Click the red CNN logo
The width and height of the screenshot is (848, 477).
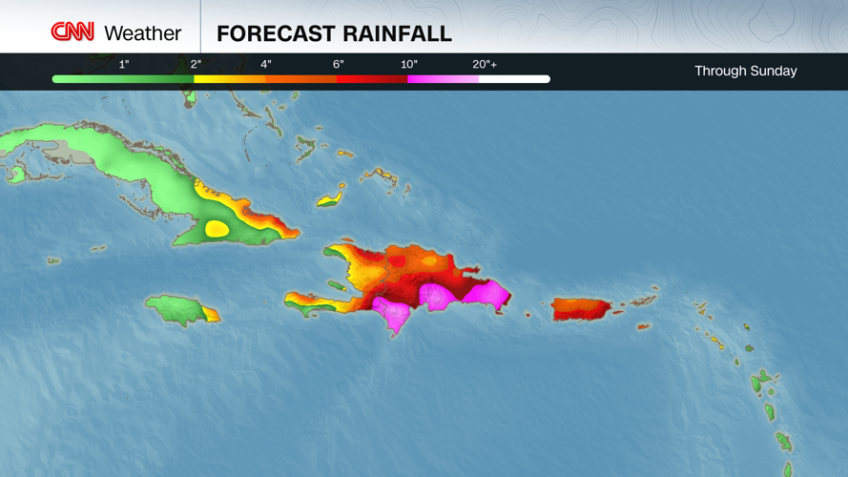72,32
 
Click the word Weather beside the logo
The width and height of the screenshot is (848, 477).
142,33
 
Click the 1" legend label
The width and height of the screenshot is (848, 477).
124,65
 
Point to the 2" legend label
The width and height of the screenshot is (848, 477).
196,65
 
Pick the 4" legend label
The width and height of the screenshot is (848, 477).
266,65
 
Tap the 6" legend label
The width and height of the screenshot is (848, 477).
338,65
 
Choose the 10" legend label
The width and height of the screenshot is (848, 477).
409,65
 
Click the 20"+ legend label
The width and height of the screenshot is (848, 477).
485,65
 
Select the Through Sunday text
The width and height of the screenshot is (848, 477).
745,71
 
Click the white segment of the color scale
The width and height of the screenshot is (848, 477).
514,79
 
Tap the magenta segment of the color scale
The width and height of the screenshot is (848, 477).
443,79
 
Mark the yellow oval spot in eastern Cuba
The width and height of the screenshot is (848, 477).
217,229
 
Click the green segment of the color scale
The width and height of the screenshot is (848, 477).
123,79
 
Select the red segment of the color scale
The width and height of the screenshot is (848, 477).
372,79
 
